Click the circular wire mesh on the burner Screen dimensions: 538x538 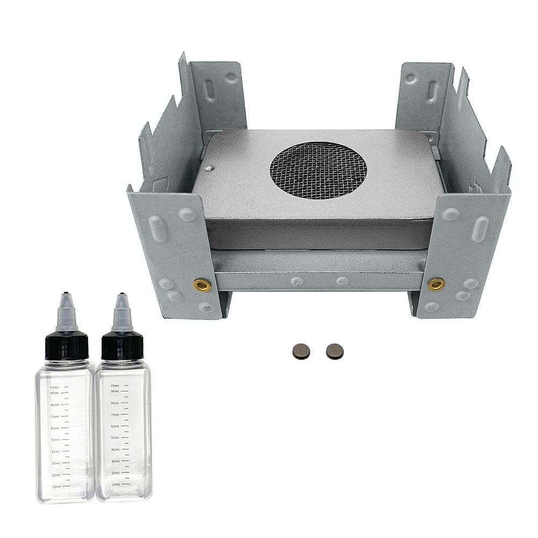(x=318, y=170)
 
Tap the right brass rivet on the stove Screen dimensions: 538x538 (x=436, y=284)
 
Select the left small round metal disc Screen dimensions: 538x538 (x=301, y=352)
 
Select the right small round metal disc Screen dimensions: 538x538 (x=335, y=351)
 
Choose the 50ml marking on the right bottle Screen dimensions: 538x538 (x=115, y=438)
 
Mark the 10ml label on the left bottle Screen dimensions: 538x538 (x=55, y=486)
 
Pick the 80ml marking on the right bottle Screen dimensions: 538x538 (x=115, y=403)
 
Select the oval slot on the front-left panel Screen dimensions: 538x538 (x=155, y=229)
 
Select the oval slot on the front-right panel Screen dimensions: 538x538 (x=480, y=229)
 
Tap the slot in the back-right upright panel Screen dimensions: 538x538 (x=433, y=90)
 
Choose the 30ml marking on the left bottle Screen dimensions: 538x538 (x=55, y=463)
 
